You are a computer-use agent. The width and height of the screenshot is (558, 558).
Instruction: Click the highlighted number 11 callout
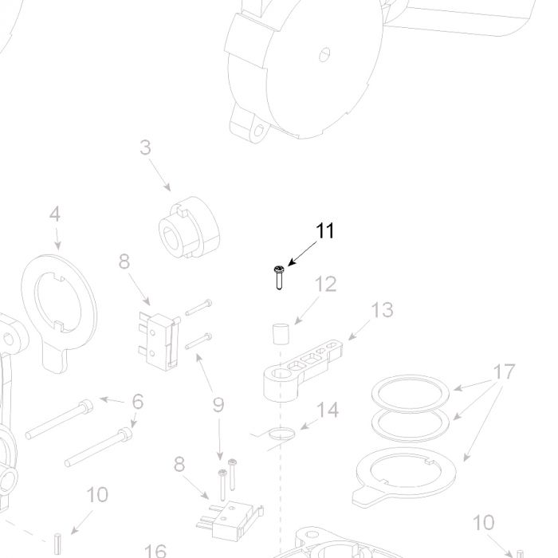coord(325,230)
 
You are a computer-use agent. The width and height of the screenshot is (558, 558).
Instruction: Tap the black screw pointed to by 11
coord(279,277)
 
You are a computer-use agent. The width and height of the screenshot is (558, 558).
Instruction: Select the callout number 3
coord(145,147)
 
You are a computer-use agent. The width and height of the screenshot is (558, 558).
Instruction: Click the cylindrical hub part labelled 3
coord(189,226)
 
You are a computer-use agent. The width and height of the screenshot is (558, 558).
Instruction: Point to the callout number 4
coord(54,214)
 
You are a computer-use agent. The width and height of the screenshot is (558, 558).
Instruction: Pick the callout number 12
coord(325,284)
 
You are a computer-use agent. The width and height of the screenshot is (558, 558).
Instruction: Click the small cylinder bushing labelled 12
coord(281,334)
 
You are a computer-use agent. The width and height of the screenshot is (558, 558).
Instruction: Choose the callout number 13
coord(382,309)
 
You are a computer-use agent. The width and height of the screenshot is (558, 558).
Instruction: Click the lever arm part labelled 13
coord(302,370)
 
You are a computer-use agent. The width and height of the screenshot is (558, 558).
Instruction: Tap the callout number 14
coord(328,410)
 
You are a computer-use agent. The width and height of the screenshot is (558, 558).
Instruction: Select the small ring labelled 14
coord(281,434)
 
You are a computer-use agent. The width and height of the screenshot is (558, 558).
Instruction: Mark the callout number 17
coord(505,371)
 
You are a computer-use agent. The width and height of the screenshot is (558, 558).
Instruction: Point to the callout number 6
coord(138,402)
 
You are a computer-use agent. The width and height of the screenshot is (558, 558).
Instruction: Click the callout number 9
coord(218,405)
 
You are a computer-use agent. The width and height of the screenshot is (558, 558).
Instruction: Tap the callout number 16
coord(155,551)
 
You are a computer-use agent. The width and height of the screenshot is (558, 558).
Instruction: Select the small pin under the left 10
coord(57,544)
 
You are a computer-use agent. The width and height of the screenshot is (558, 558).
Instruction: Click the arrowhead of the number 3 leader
coord(167,187)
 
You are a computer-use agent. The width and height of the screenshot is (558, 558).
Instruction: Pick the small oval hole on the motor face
coord(324,54)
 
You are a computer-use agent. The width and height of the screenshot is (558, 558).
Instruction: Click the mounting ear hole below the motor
coord(261,131)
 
